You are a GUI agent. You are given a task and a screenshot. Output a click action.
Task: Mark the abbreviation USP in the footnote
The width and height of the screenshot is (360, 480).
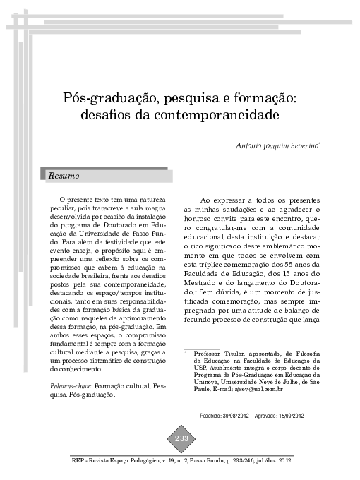click(200, 367)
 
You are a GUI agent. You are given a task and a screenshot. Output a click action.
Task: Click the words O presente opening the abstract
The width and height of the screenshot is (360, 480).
click(78, 200)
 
